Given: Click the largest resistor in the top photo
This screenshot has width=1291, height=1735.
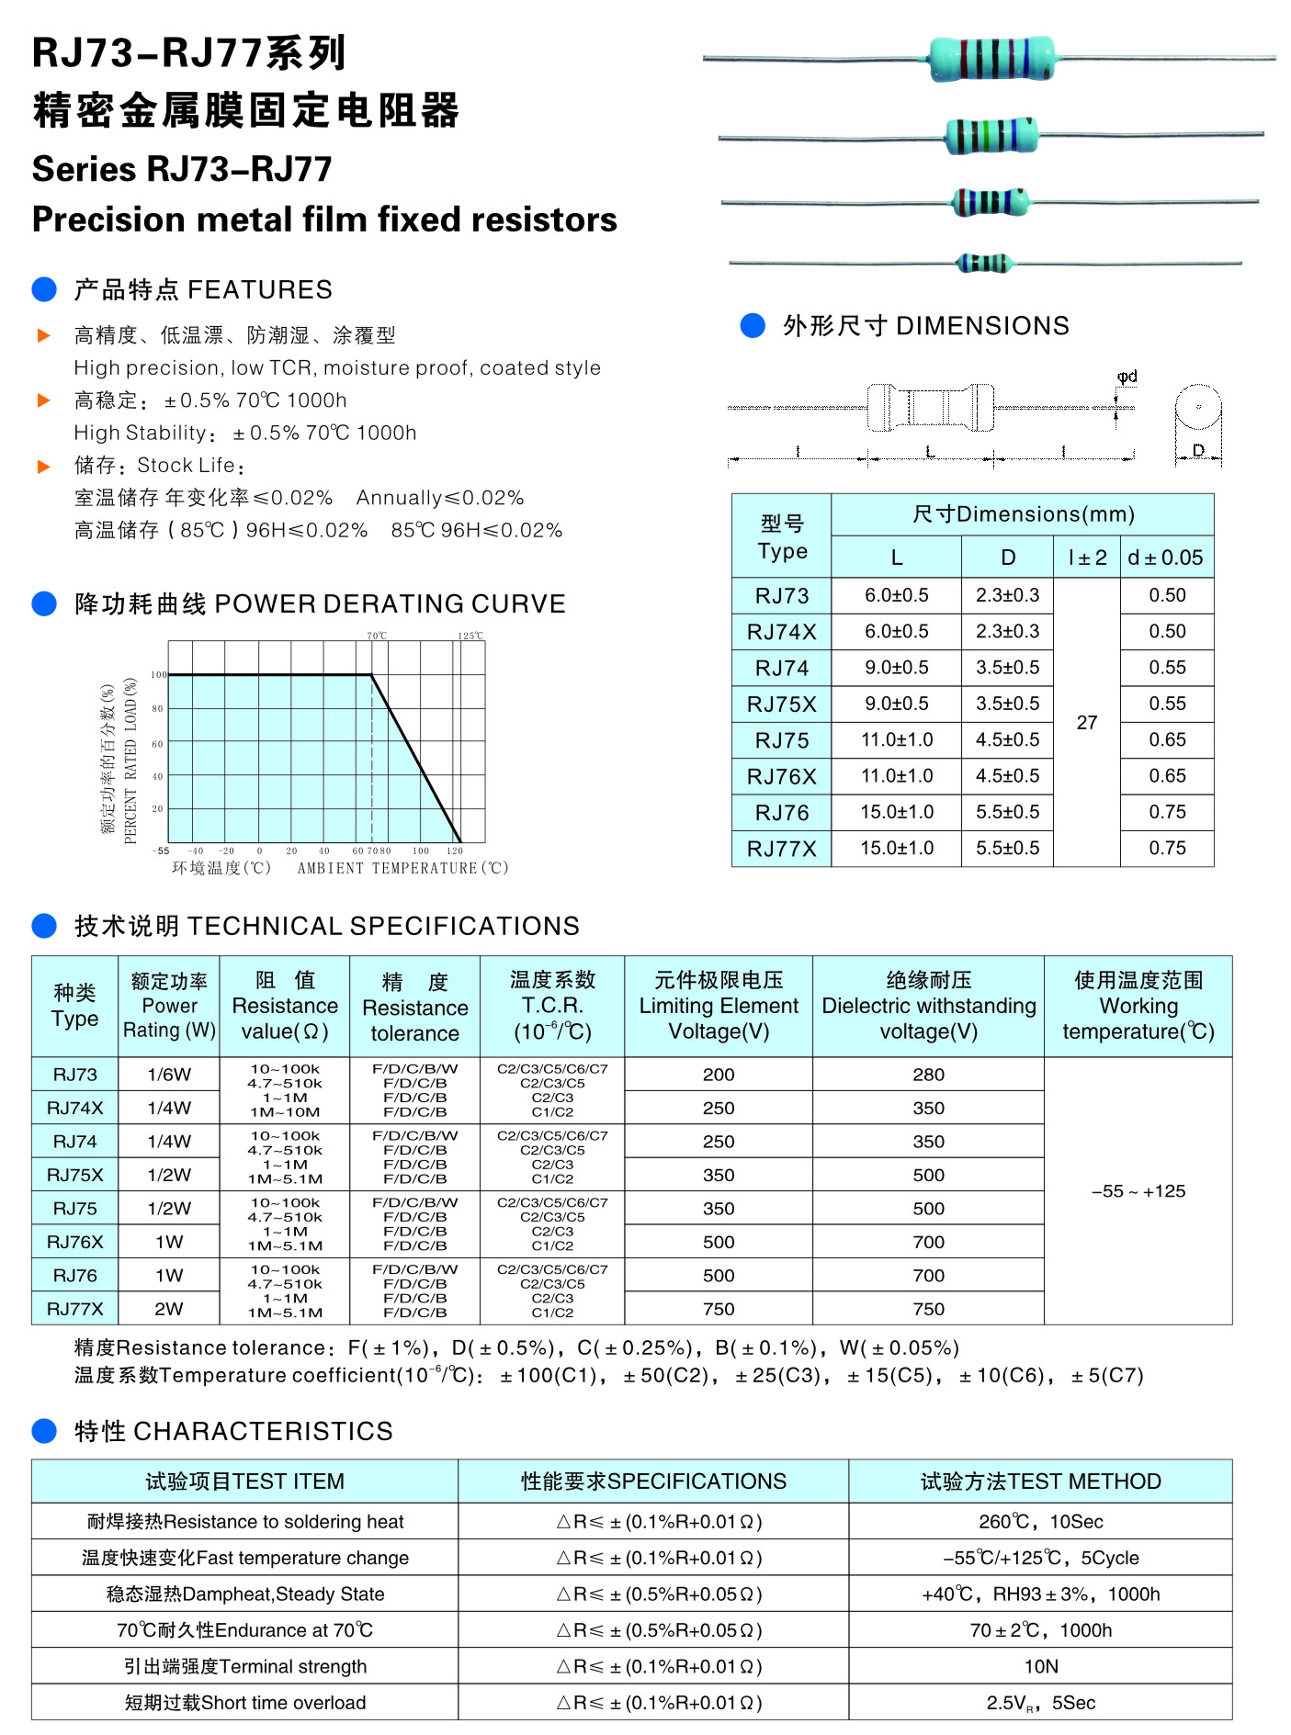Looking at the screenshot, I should pyautogui.click(x=991, y=59).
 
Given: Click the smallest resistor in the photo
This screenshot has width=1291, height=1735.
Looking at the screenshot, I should pyautogui.click(x=984, y=264).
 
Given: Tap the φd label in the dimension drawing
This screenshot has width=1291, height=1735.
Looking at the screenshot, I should pyautogui.click(x=1127, y=377).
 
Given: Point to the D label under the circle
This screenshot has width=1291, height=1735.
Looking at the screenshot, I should pyautogui.click(x=1198, y=450).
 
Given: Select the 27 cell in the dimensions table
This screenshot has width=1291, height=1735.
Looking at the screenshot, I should pyautogui.click(x=1087, y=723).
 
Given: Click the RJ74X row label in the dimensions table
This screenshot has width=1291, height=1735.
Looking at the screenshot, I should pyautogui.click(x=781, y=632).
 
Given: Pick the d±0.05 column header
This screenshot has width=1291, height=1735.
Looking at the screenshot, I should pyautogui.click(x=1166, y=558).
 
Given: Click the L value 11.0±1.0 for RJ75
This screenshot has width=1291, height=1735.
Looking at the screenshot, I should pyautogui.click(x=897, y=740).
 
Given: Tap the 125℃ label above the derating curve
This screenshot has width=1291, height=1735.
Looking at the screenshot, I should pyautogui.click(x=470, y=636).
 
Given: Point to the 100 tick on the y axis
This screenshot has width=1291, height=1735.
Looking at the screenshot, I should pyautogui.click(x=159, y=675).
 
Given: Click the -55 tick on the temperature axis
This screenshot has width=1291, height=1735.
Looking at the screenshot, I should pyautogui.click(x=161, y=851).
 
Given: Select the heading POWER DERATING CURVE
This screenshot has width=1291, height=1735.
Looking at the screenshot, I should pyautogui.click(x=390, y=603).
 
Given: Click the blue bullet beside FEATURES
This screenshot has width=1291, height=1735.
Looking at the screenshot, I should pyautogui.click(x=44, y=289).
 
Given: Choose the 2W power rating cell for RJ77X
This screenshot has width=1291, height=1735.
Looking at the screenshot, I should pyautogui.click(x=169, y=1309).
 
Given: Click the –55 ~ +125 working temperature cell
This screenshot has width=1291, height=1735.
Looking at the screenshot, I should pyautogui.click(x=1138, y=1191).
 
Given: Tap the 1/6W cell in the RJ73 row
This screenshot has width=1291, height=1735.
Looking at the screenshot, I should pyautogui.click(x=169, y=1075).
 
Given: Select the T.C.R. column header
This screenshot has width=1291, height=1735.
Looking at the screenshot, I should pyautogui.click(x=552, y=1006).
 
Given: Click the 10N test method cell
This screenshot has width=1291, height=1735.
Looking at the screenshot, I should pyautogui.click(x=1041, y=1666).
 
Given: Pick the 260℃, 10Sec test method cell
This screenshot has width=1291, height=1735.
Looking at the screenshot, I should pyautogui.click(x=1041, y=1521).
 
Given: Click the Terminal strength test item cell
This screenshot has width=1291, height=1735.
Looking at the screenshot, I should pyautogui.click(x=245, y=1666).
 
